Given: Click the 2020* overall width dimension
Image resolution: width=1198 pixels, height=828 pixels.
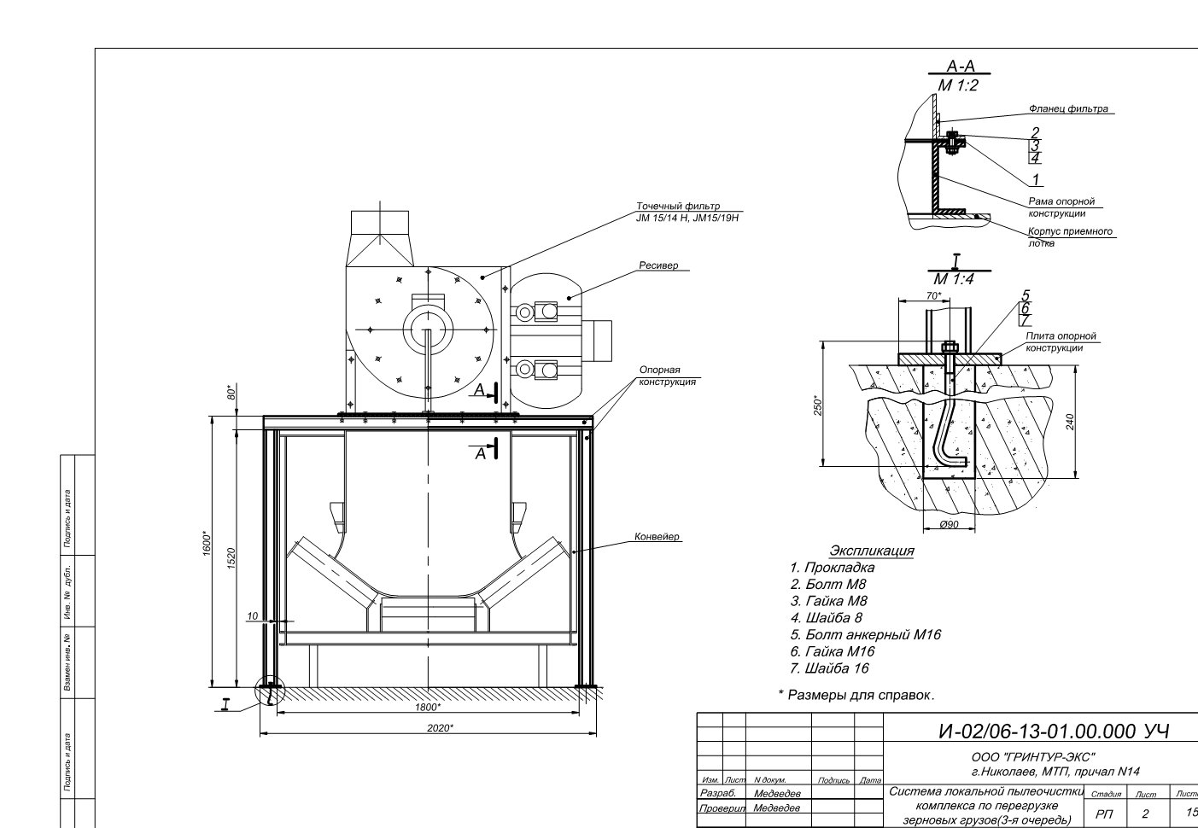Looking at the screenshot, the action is pos(440,727).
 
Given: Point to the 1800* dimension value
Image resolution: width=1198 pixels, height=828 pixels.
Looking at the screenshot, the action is pos(428,707).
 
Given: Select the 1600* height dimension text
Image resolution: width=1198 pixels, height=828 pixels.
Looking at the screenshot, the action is pos(207,543).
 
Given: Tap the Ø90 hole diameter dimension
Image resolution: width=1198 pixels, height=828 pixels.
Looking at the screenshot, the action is pos(949,525).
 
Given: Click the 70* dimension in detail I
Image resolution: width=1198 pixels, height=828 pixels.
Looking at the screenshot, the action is pos(934,295).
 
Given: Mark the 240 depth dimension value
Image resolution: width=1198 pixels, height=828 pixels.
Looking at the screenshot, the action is pos(1070,423).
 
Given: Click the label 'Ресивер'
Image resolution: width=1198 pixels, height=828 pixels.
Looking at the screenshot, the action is pos(658,265).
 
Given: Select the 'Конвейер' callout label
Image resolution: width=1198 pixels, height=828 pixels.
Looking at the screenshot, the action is pos(657,536).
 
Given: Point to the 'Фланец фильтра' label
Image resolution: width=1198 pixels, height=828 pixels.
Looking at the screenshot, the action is pos(1068,108).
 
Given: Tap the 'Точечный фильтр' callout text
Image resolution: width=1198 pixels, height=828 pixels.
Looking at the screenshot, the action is pos(678,206).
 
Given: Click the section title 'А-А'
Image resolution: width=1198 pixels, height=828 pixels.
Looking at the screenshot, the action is pos(961,67).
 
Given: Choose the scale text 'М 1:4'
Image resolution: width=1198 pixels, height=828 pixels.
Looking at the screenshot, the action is pos(954,278).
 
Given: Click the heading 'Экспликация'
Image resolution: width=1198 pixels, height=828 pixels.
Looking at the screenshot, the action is pos(872,550).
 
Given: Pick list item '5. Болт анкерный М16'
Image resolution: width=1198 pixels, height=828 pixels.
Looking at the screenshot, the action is pos(865,634).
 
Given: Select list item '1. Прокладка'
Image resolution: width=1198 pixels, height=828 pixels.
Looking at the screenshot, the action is pos(833,567).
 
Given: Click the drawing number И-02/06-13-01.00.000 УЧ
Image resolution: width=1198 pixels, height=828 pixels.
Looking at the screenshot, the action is pos(1054,731).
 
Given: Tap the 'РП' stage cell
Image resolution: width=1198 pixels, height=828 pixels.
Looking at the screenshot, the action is pos(1104,813).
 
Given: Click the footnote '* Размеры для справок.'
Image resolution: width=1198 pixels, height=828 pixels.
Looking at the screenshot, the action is pos(856,695).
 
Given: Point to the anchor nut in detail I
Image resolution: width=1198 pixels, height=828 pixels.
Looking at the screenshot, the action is pos(949,347).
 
